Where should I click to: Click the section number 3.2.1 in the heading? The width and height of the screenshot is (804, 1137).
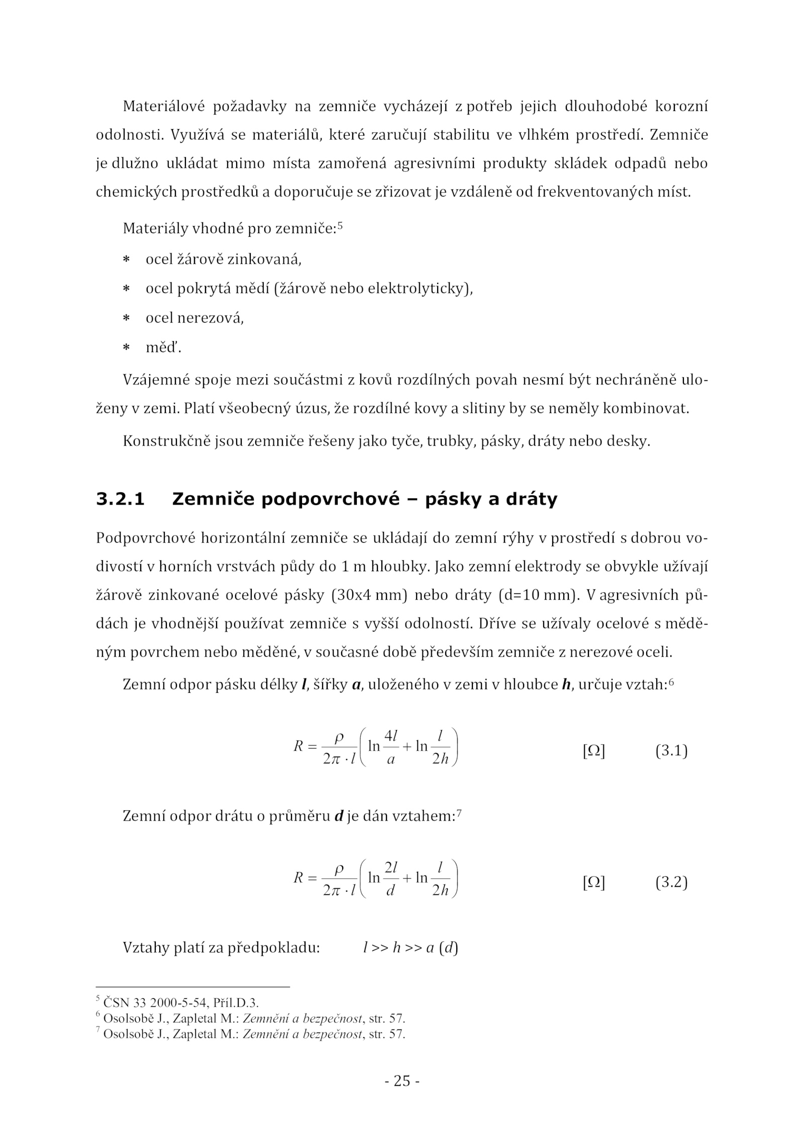pyautogui.click(x=120, y=499)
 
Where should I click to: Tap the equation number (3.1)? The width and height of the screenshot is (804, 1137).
pyautogui.click(x=671, y=751)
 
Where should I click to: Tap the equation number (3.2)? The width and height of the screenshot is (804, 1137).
pyautogui.click(x=671, y=883)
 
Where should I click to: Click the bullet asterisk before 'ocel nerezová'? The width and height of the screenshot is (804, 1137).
pyautogui.click(x=127, y=319)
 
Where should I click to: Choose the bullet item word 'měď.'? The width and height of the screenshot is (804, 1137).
pyautogui.click(x=163, y=347)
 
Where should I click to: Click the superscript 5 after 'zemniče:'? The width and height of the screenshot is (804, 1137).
pyautogui.click(x=340, y=226)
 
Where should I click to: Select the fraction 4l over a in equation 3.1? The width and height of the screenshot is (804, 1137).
pyautogui.click(x=390, y=747)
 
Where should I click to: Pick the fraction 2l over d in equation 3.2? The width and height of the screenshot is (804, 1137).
pyautogui.click(x=390, y=878)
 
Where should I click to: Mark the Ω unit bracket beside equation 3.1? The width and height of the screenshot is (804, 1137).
pyautogui.click(x=593, y=752)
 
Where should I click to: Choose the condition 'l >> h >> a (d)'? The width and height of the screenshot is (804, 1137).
pyautogui.click(x=410, y=949)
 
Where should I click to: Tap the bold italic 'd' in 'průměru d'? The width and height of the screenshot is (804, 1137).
pyautogui.click(x=339, y=816)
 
